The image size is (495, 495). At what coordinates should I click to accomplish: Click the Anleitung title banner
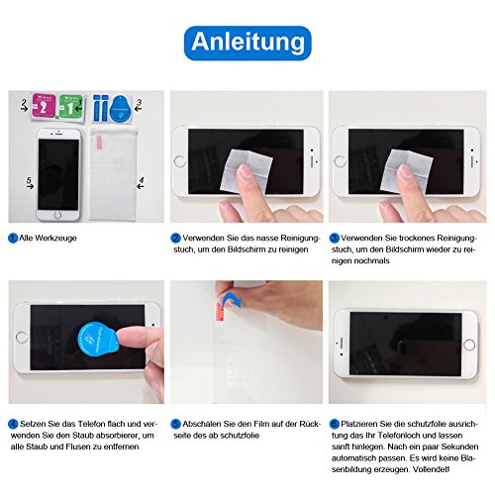tap(247, 43)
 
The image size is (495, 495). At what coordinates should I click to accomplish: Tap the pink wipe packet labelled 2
tap(45, 106)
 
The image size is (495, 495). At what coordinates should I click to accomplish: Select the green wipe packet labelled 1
tap(70, 106)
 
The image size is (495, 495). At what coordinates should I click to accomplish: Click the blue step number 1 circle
tap(13, 238)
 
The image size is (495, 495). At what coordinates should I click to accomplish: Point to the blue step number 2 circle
tap(175, 238)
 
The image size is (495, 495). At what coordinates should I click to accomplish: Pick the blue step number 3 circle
tap(335, 238)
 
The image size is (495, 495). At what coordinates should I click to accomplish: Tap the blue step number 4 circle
tap(13, 424)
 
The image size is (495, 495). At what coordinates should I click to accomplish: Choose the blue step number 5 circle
tap(176, 424)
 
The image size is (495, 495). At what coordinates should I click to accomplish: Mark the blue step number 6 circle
tap(335, 424)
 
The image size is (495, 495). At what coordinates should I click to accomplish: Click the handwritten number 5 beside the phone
tap(29, 180)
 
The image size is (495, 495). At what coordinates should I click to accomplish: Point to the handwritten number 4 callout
tap(142, 180)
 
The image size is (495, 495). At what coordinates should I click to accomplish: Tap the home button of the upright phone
tap(57, 216)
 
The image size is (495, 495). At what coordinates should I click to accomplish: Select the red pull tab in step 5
tap(220, 312)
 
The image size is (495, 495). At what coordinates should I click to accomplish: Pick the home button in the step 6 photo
tap(469, 346)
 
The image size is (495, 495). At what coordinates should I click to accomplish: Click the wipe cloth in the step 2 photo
tap(247, 170)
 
